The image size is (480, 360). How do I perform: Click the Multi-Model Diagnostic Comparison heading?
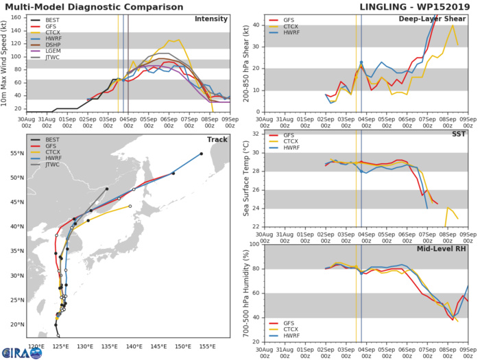[90, 6]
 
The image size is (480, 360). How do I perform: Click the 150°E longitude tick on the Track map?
[183, 346]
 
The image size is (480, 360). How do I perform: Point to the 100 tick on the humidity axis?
[253, 243]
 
